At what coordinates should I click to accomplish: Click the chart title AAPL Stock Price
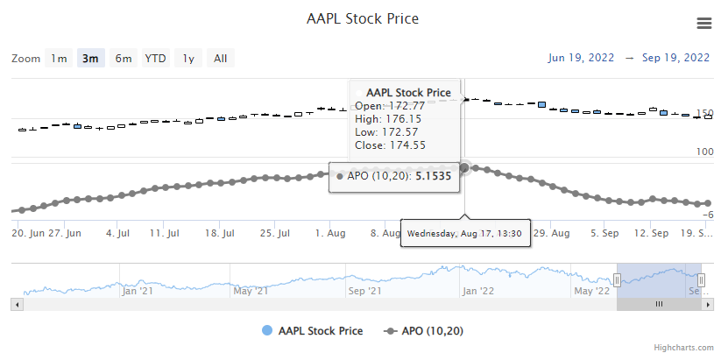click(363, 18)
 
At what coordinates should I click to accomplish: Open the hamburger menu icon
click(703, 23)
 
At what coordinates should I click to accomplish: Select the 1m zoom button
click(59, 59)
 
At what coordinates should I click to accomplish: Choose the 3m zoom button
click(90, 59)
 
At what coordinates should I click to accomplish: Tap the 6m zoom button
click(124, 59)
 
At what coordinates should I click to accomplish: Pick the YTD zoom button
click(156, 59)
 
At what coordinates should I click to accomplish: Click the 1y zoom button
click(187, 59)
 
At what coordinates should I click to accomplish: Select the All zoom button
click(221, 59)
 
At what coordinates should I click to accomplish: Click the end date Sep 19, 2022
click(675, 59)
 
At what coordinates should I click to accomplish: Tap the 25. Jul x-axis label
click(275, 234)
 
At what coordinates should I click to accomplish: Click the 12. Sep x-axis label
click(651, 234)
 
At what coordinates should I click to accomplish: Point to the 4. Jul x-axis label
click(117, 234)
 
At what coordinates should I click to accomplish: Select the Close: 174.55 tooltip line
click(390, 145)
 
